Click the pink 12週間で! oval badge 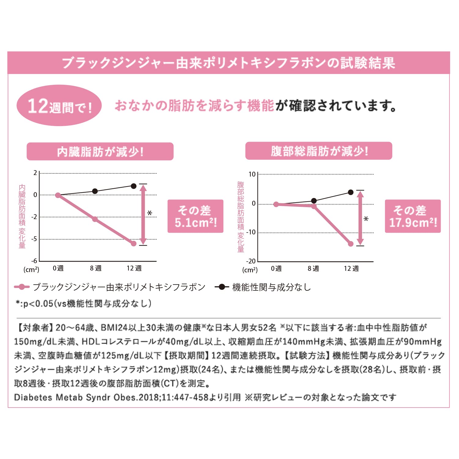[x=59, y=106]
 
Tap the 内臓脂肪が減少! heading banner [x=100, y=151]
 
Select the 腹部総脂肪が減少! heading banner [x=319, y=151]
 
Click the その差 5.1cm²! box [x=195, y=216]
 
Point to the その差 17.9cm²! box [x=412, y=216]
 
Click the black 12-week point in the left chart [x=134, y=186]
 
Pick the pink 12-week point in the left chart [x=134, y=244]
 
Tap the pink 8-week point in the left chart [x=95, y=219]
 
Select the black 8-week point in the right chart [x=314, y=201]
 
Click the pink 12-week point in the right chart [x=351, y=244]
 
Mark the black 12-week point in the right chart [x=351, y=192]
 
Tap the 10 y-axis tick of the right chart [x=252, y=174]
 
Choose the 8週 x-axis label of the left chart [x=95, y=268]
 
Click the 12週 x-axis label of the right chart [x=351, y=269]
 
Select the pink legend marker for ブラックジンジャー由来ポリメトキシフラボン [x=22, y=287]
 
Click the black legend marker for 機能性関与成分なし [x=222, y=287]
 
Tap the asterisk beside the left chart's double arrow [x=150, y=213]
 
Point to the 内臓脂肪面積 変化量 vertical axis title [x=22, y=216]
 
